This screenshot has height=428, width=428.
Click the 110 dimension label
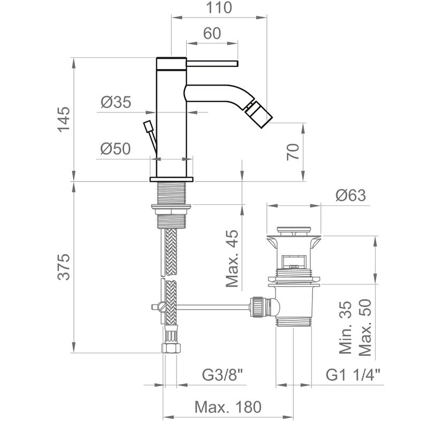click(219, 8)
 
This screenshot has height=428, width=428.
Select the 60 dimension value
click(212, 33)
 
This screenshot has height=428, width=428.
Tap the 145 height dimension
click(63, 119)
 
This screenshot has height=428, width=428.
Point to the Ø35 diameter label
click(115, 102)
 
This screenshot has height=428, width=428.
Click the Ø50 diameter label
click(115, 149)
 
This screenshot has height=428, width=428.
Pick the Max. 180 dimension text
click(228, 408)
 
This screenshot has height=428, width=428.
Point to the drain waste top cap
click(294, 233)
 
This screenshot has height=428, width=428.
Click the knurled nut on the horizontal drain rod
click(259, 307)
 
